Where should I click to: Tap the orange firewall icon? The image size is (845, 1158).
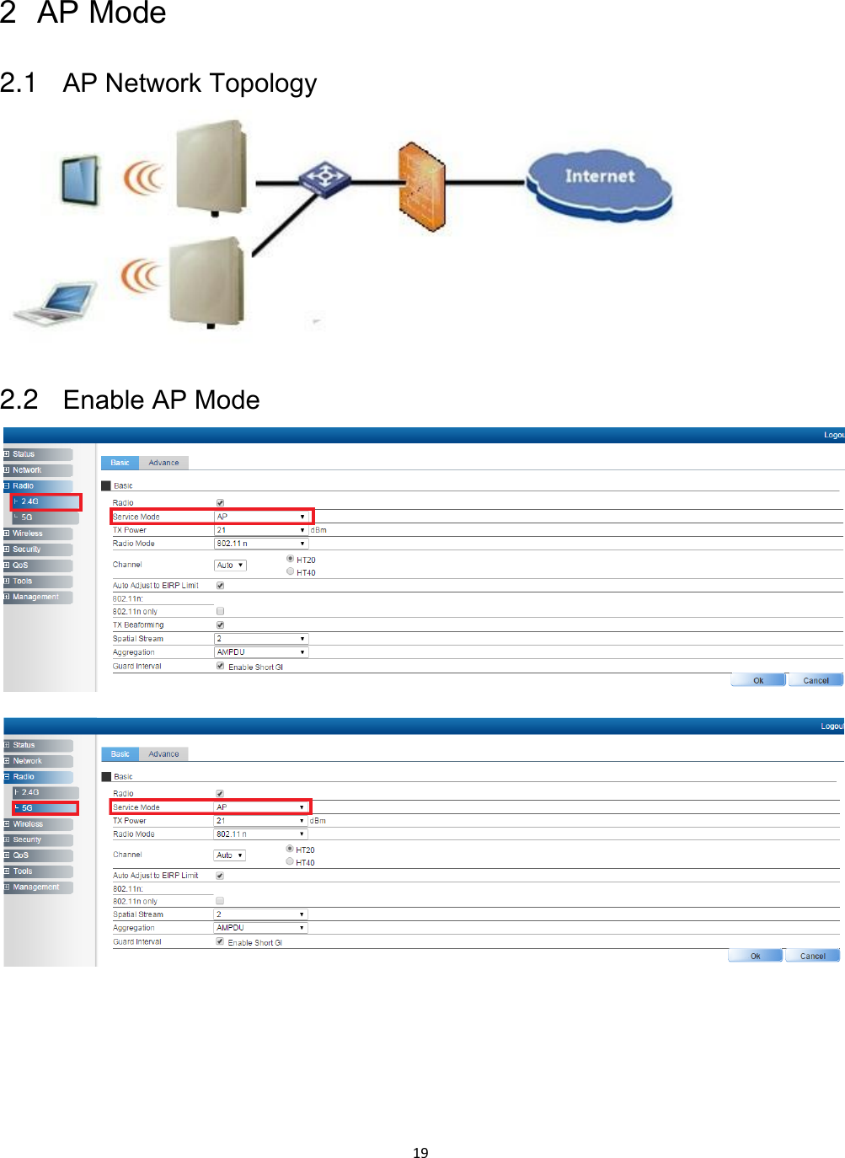(420, 185)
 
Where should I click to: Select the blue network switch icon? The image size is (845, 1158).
(324, 179)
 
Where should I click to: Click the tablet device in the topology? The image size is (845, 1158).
(80, 180)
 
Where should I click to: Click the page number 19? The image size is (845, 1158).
(420, 1152)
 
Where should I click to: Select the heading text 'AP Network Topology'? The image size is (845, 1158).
(190, 83)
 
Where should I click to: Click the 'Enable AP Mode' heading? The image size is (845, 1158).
(161, 399)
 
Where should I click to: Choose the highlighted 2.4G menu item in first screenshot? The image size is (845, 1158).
(45, 501)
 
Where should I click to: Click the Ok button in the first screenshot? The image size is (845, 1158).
(758, 680)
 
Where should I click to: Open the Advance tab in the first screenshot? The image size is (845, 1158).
(163, 463)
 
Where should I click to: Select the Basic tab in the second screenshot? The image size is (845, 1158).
(120, 753)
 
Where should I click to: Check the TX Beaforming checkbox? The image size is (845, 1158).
(220, 625)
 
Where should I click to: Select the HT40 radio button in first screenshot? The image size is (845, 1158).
(291, 571)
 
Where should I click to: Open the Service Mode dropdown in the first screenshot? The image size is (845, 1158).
(261, 517)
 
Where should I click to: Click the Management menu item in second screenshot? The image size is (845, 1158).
(36, 887)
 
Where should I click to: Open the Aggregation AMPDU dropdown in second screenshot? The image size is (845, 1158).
(260, 927)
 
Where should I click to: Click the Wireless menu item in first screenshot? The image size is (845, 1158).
(28, 533)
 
